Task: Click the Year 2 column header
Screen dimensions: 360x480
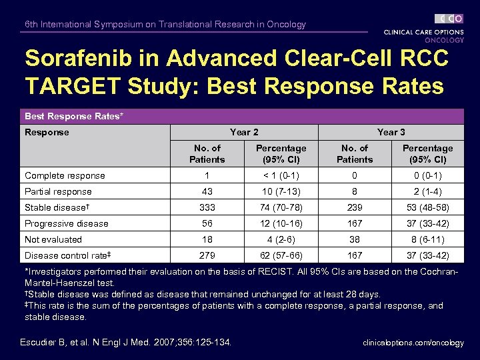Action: (244, 132)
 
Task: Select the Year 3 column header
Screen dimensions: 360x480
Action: (391, 132)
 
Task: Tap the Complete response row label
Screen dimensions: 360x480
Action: (65, 175)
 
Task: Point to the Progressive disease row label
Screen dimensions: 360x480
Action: (66, 223)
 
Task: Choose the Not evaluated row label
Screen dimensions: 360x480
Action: (53, 239)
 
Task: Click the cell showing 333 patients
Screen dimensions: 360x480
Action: (207, 207)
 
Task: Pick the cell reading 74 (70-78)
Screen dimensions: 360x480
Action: (281, 207)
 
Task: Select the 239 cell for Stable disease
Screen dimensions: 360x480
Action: (355, 207)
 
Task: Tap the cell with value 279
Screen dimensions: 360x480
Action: (207, 255)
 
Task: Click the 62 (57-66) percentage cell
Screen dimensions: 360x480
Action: (281, 255)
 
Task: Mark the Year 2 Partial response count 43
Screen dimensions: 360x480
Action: (207, 191)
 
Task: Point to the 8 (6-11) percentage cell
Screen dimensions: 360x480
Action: (427, 239)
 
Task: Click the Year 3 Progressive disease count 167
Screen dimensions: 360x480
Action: (355, 223)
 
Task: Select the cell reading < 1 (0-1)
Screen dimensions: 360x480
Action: (281, 175)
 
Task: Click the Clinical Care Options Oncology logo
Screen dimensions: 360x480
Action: (423, 28)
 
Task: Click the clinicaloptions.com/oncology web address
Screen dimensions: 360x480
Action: (413, 343)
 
